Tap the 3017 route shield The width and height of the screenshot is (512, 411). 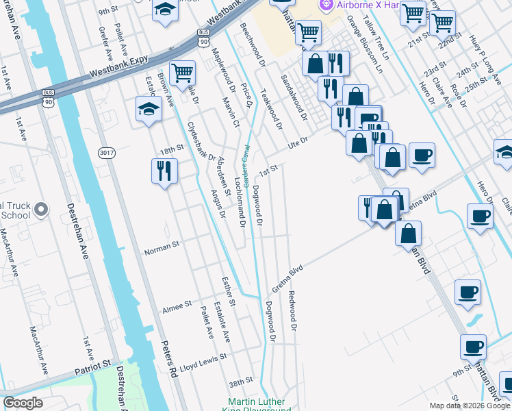(x=106, y=152)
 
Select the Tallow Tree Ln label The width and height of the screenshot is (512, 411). (x=375, y=35)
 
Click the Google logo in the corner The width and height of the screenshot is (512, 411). (x=23, y=403)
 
